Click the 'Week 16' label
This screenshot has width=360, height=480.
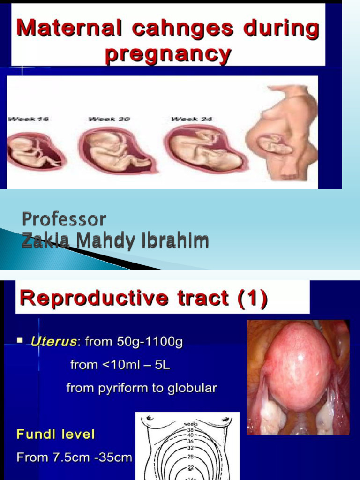(23, 120)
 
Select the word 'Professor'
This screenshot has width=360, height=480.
(64, 219)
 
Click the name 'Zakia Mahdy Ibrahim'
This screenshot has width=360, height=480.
(115, 240)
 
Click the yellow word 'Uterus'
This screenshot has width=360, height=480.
(53, 342)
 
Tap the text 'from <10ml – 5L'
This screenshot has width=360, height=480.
(120, 364)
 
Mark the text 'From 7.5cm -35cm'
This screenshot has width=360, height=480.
(74, 457)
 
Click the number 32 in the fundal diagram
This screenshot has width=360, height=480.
(190, 448)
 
